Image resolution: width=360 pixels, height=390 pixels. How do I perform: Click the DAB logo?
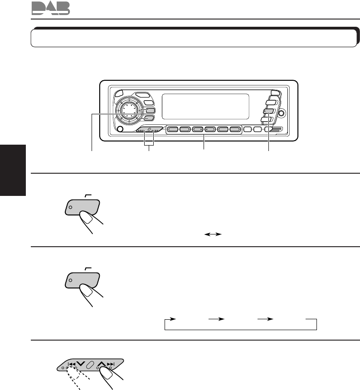pyautogui.click(x=51, y=8)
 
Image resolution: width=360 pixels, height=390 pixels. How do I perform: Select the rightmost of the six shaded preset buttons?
pyautogui.click(x=234, y=129)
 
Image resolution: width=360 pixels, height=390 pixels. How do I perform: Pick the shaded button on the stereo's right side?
pyautogui.click(x=268, y=110)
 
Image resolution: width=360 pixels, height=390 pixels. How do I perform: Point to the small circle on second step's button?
pyautogui.click(x=70, y=281)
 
